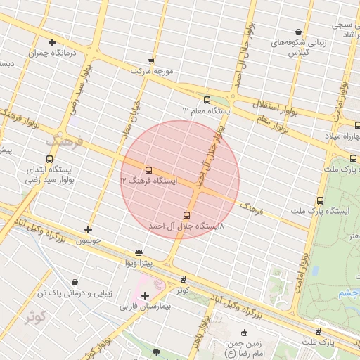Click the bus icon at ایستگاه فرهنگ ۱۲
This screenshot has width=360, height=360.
pyautogui.click(x=148, y=170)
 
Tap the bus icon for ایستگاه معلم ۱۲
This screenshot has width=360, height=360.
pyautogui.click(x=206, y=101)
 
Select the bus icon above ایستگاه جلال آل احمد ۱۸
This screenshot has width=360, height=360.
pyautogui.click(x=186, y=215)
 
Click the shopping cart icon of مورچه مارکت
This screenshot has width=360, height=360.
pyautogui.click(x=150, y=60)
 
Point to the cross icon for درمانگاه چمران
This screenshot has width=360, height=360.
pyautogui.click(x=52, y=43)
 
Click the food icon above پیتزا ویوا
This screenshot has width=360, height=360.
pyautogui.click(x=139, y=252)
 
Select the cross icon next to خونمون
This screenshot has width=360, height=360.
pyautogui.click(x=88, y=229)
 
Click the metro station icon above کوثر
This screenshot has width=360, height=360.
pyautogui.click(x=184, y=279)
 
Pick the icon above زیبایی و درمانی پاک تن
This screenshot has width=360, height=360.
pyautogui.click(x=75, y=281)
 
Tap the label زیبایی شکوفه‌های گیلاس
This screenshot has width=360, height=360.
pyautogui.click(x=300, y=48)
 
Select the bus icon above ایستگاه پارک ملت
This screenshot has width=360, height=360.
pyautogui.click(x=321, y=200)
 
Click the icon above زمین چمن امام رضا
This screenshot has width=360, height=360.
pyautogui.click(x=244, y=333)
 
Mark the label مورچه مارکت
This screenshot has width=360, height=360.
pyautogui.click(x=151, y=71)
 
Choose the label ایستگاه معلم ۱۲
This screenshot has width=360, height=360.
pyautogui.click(x=207, y=111)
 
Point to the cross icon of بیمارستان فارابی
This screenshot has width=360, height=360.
pyautogui.click(x=145, y=295)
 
